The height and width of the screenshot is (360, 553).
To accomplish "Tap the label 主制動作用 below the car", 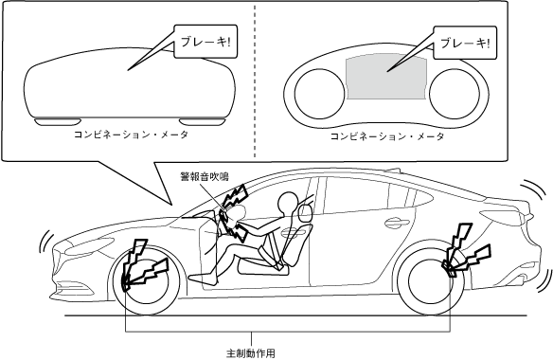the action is coord(250,353).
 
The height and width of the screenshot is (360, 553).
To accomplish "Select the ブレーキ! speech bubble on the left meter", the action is coord(205,42).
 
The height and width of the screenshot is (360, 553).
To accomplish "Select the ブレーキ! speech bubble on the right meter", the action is coord(465,43).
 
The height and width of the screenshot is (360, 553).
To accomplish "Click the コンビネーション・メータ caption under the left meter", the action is coord(131,135).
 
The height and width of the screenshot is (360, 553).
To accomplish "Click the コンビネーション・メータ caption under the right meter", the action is coord(387,136).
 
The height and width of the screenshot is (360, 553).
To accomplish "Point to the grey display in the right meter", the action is coord(386,77).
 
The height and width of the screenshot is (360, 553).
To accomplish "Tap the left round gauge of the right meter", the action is coord(319,94).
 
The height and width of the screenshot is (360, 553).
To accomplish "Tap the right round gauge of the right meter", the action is coord(455,94).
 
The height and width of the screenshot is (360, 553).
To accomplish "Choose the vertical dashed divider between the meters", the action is coord(255,81).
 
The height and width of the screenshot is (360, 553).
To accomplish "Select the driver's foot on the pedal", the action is coord(203,278).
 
